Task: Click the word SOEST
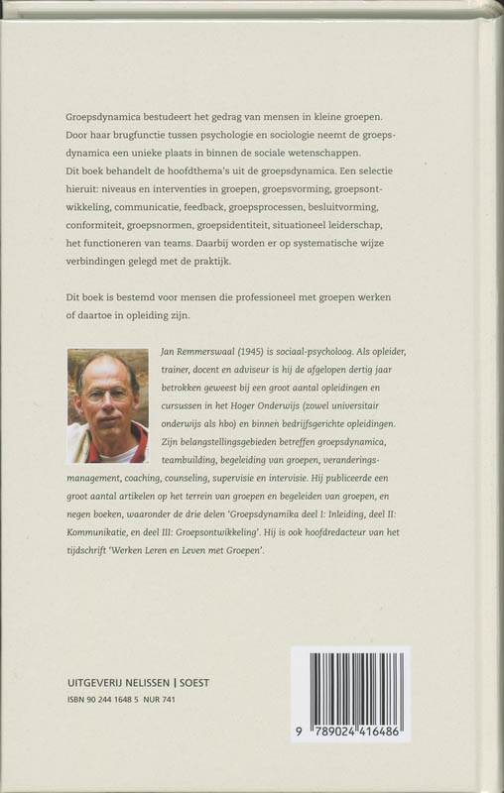click(x=206, y=684)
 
